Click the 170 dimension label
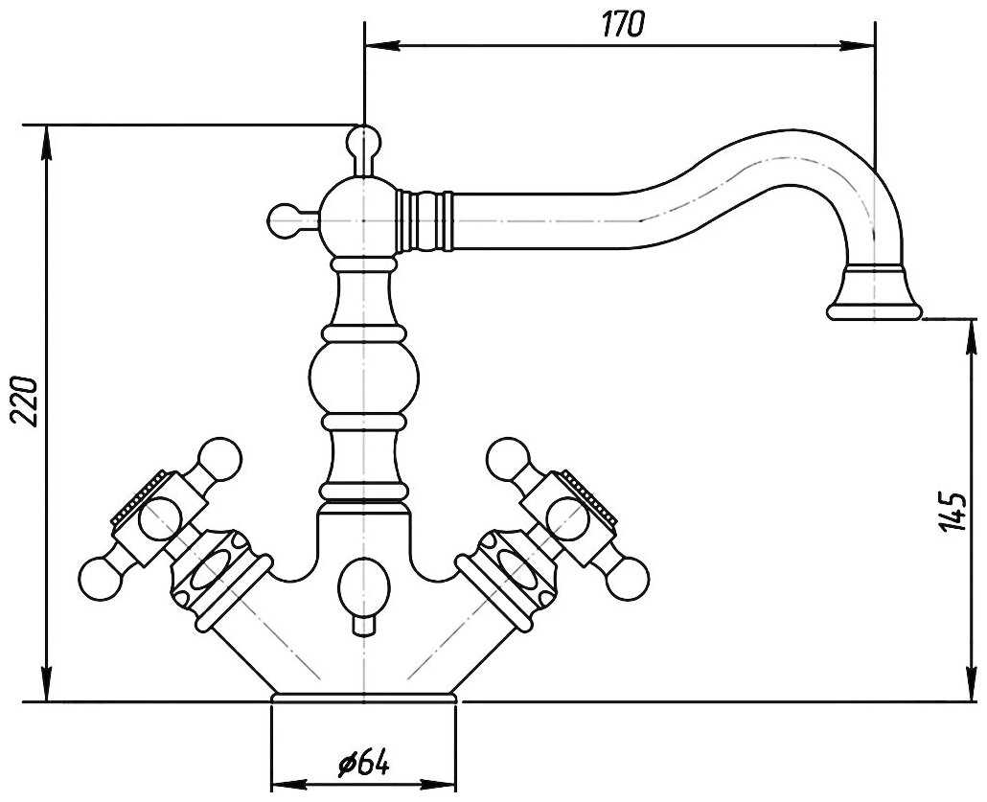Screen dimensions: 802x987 click(622, 24)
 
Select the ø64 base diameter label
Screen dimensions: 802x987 click(363, 763)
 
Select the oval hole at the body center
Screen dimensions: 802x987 click(364, 584)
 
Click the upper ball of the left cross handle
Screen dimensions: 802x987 click(219, 457)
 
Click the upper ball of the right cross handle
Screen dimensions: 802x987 click(509, 457)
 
